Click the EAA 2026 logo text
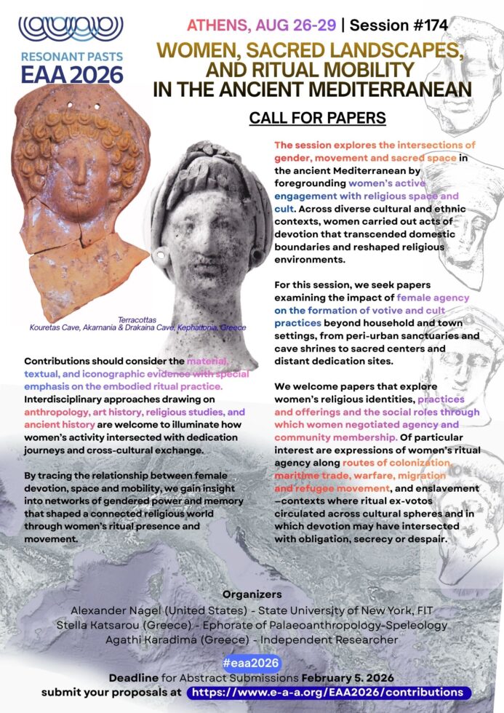click(71, 73)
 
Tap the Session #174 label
click(398, 25)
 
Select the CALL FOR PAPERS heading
click(317, 117)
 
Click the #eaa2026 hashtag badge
click(251, 663)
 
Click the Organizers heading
click(252, 594)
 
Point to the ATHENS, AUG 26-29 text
click(262, 25)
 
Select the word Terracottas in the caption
click(137, 319)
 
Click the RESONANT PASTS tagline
click(71, 56)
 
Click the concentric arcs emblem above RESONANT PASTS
click(71, 27)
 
